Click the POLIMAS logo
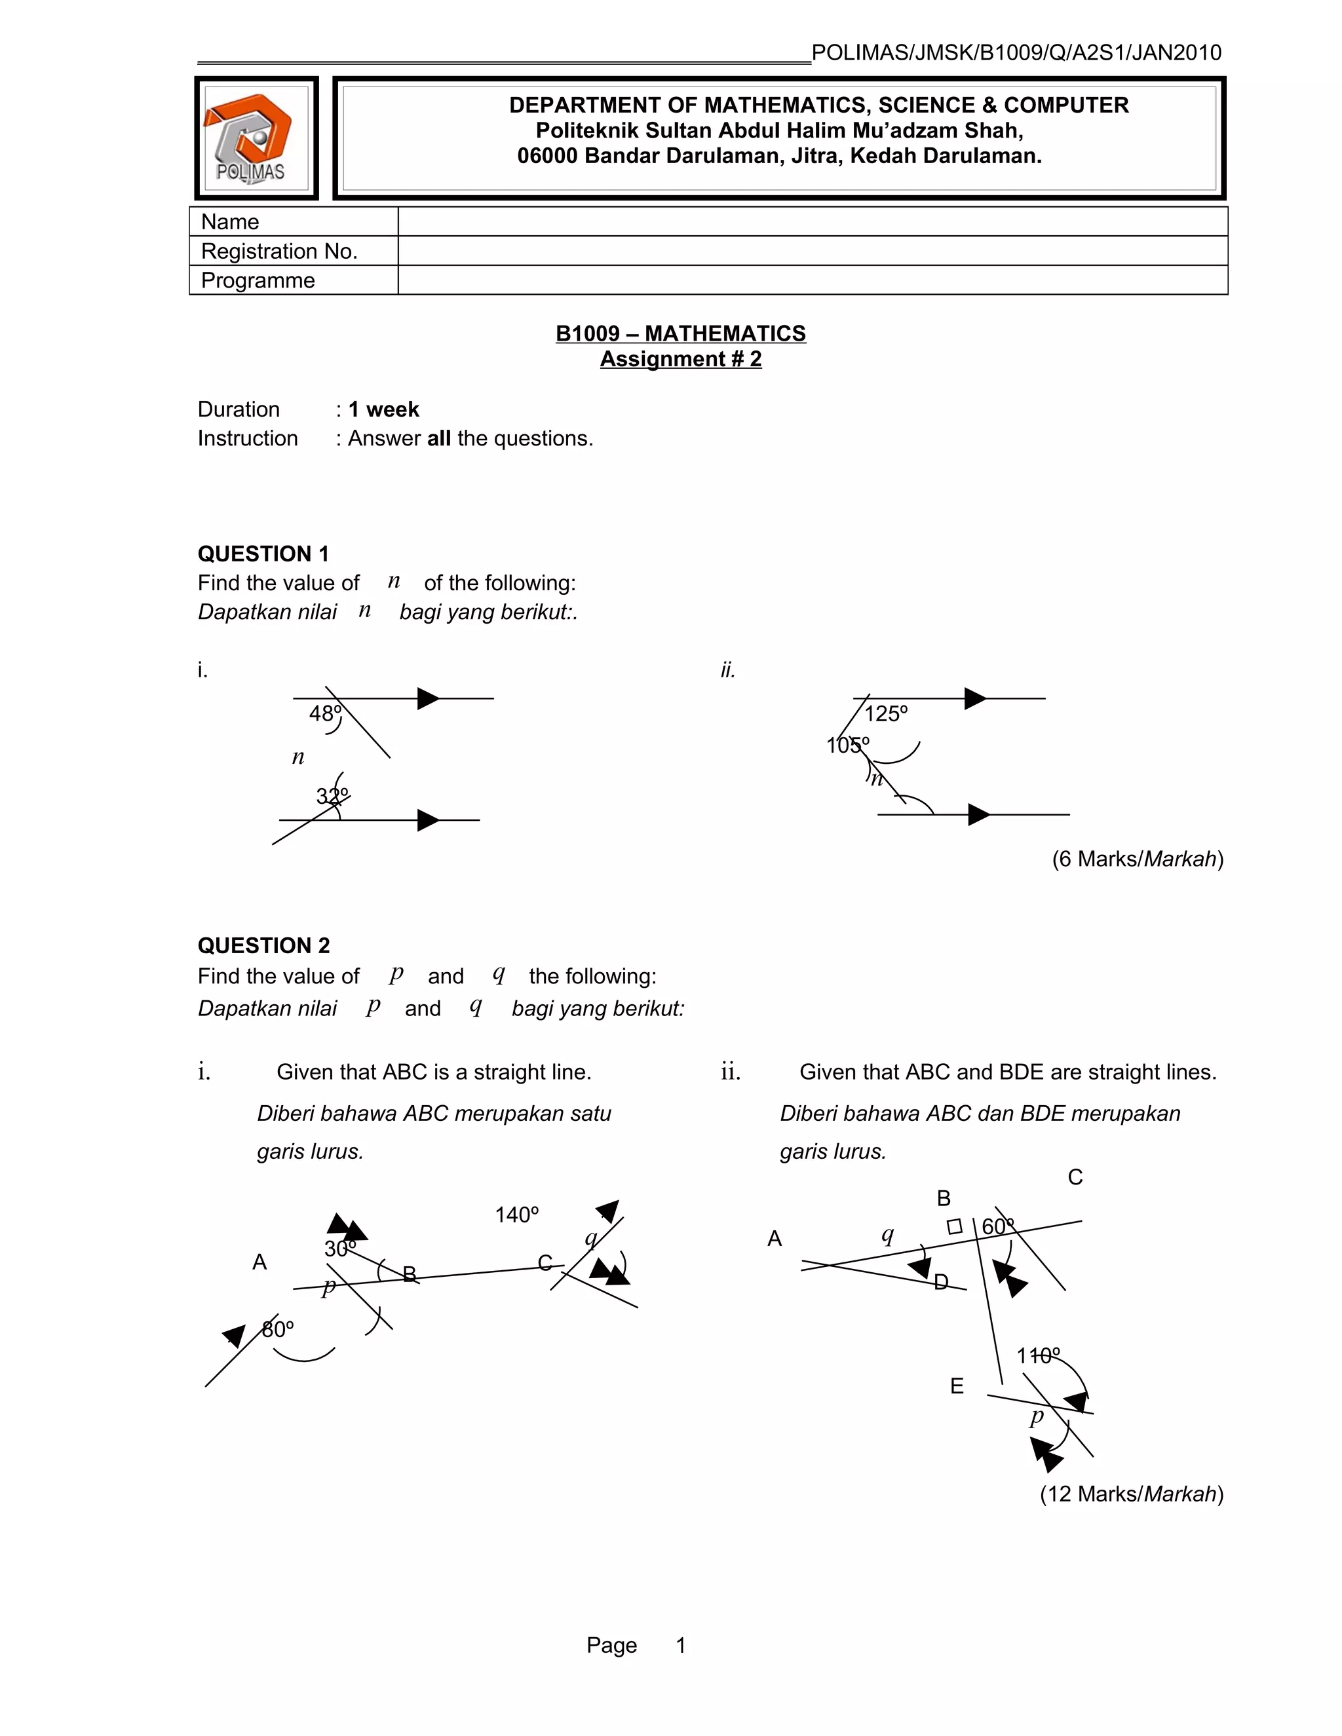[256, 138]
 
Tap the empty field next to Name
[812, 222]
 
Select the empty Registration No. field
[812, 251]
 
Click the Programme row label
[258, 280]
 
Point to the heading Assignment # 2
[681, 359]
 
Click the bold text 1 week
[383, 409]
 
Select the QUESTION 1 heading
[263, 554]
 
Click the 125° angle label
[886, 714]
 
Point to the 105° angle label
[847, 745]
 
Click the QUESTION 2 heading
[263, 945]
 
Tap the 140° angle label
[517, 1215]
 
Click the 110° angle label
[1037, 1355]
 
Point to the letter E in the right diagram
[957, 1386]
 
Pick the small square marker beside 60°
[955, 1226]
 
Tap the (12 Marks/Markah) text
[1131, 1494]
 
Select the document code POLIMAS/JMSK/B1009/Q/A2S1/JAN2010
[1016, 53]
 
